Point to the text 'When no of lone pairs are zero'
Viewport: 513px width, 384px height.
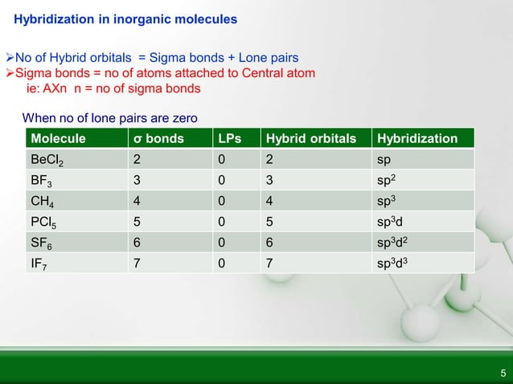pyautogui.click(x=109, y=118)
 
